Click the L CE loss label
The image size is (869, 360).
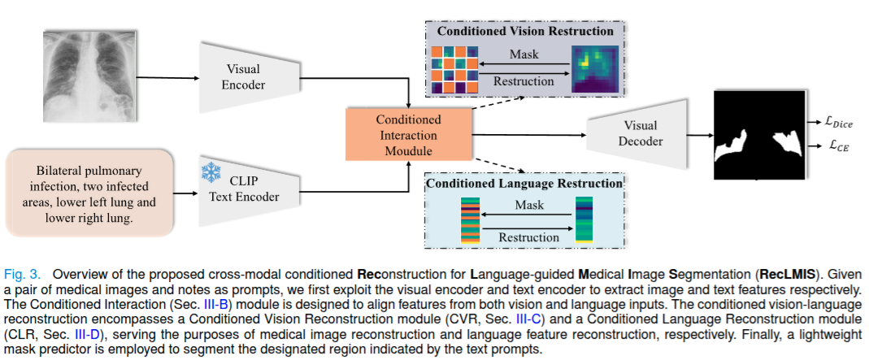pyautogui.click(x=833, y=148)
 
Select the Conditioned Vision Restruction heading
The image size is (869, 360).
pyautogui.click(x=525, y=32)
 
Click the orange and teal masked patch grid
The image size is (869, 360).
pyautogui.click(x=454, y=69)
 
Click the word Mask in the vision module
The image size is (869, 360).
pyautogui.click(x=524, y=54)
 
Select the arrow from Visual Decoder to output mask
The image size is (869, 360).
pyautogui.click(x=698, y=135)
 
